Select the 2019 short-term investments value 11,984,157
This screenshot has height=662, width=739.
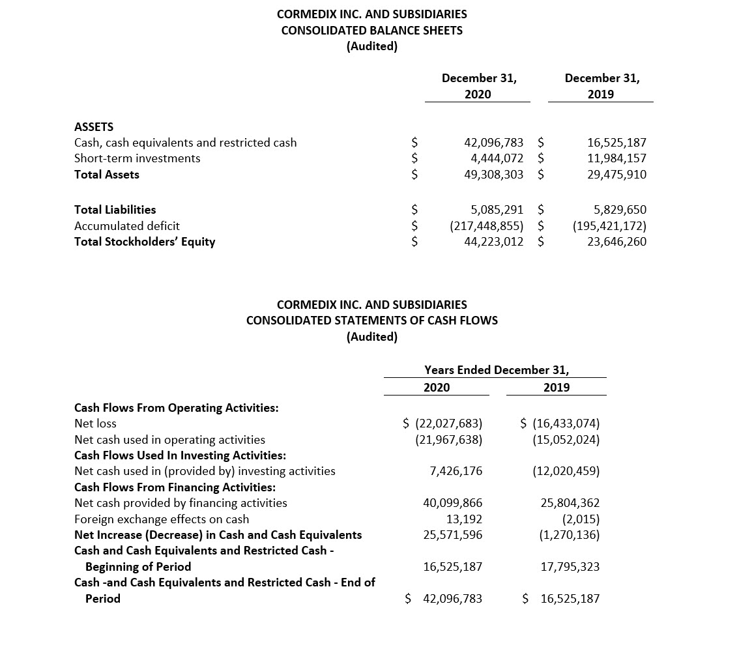[616, 158]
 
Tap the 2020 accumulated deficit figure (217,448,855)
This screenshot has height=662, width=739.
[487, 226]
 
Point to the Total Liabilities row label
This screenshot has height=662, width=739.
[115, 210]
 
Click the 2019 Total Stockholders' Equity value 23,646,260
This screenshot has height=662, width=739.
[616, 242]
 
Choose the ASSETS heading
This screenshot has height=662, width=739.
[94, 127]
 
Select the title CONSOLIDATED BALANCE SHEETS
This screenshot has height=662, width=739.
[371, 30]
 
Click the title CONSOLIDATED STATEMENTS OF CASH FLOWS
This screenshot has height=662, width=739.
[371, 321]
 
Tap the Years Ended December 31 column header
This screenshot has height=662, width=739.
[496, 370]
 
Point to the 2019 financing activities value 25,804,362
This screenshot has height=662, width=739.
[570, 503]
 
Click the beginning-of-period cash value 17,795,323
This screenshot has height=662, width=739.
[570, 567]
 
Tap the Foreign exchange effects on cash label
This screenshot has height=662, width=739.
[162, 519]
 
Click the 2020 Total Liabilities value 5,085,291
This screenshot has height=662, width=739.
[497, 210]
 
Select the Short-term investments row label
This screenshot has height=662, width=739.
[138, 158]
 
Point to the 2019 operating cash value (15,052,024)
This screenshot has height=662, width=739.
[566, 440]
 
